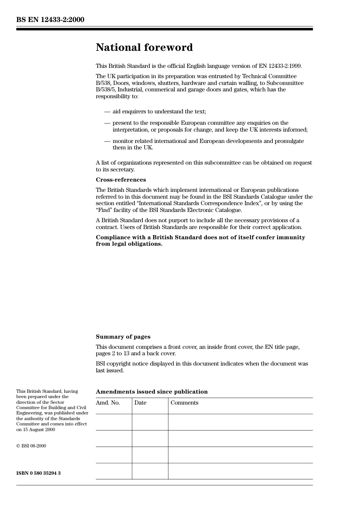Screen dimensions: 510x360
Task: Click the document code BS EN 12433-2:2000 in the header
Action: (50, 20)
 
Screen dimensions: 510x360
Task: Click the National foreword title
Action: (144, 47)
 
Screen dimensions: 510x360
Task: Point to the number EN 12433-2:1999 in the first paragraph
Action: (280, 66)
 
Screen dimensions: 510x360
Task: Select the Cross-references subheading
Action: (121, 180)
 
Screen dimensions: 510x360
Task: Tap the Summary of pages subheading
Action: (123, 337)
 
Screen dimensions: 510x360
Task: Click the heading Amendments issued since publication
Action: (152, 392)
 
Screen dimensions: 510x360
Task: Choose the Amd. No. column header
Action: (108, 403)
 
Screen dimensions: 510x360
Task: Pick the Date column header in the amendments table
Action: (140, 403)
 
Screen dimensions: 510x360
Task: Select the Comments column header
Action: (184, 403)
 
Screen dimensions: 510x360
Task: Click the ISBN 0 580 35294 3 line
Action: (38, 473)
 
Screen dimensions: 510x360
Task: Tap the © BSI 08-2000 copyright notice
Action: (31, 446)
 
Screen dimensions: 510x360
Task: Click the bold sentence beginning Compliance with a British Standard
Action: (200, 240)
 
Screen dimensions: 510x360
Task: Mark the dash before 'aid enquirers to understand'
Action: (107, 111)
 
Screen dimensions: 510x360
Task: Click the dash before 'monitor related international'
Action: (107, 141)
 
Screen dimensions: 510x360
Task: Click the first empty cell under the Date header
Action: (150, 422)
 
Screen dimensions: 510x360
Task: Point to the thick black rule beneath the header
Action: (164, 29)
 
